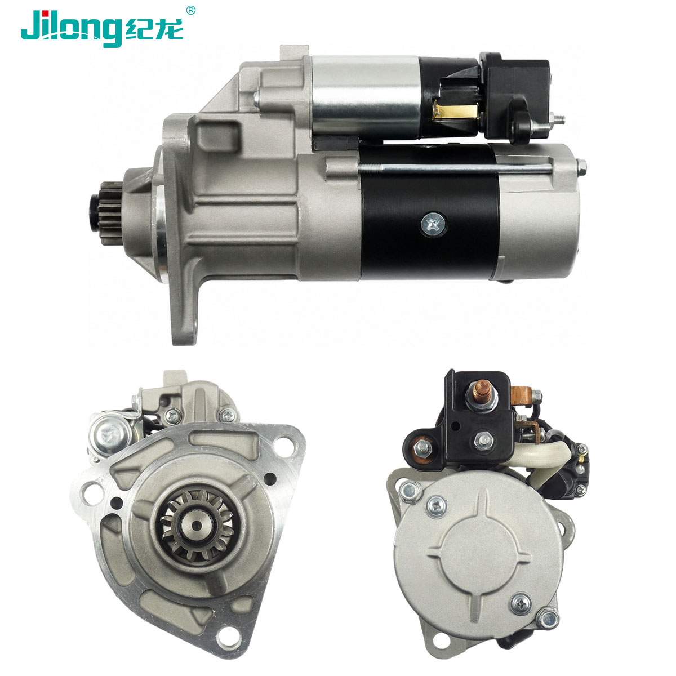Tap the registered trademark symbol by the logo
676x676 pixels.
190,10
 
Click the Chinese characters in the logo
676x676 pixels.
154,29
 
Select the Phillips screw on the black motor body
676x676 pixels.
434,223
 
